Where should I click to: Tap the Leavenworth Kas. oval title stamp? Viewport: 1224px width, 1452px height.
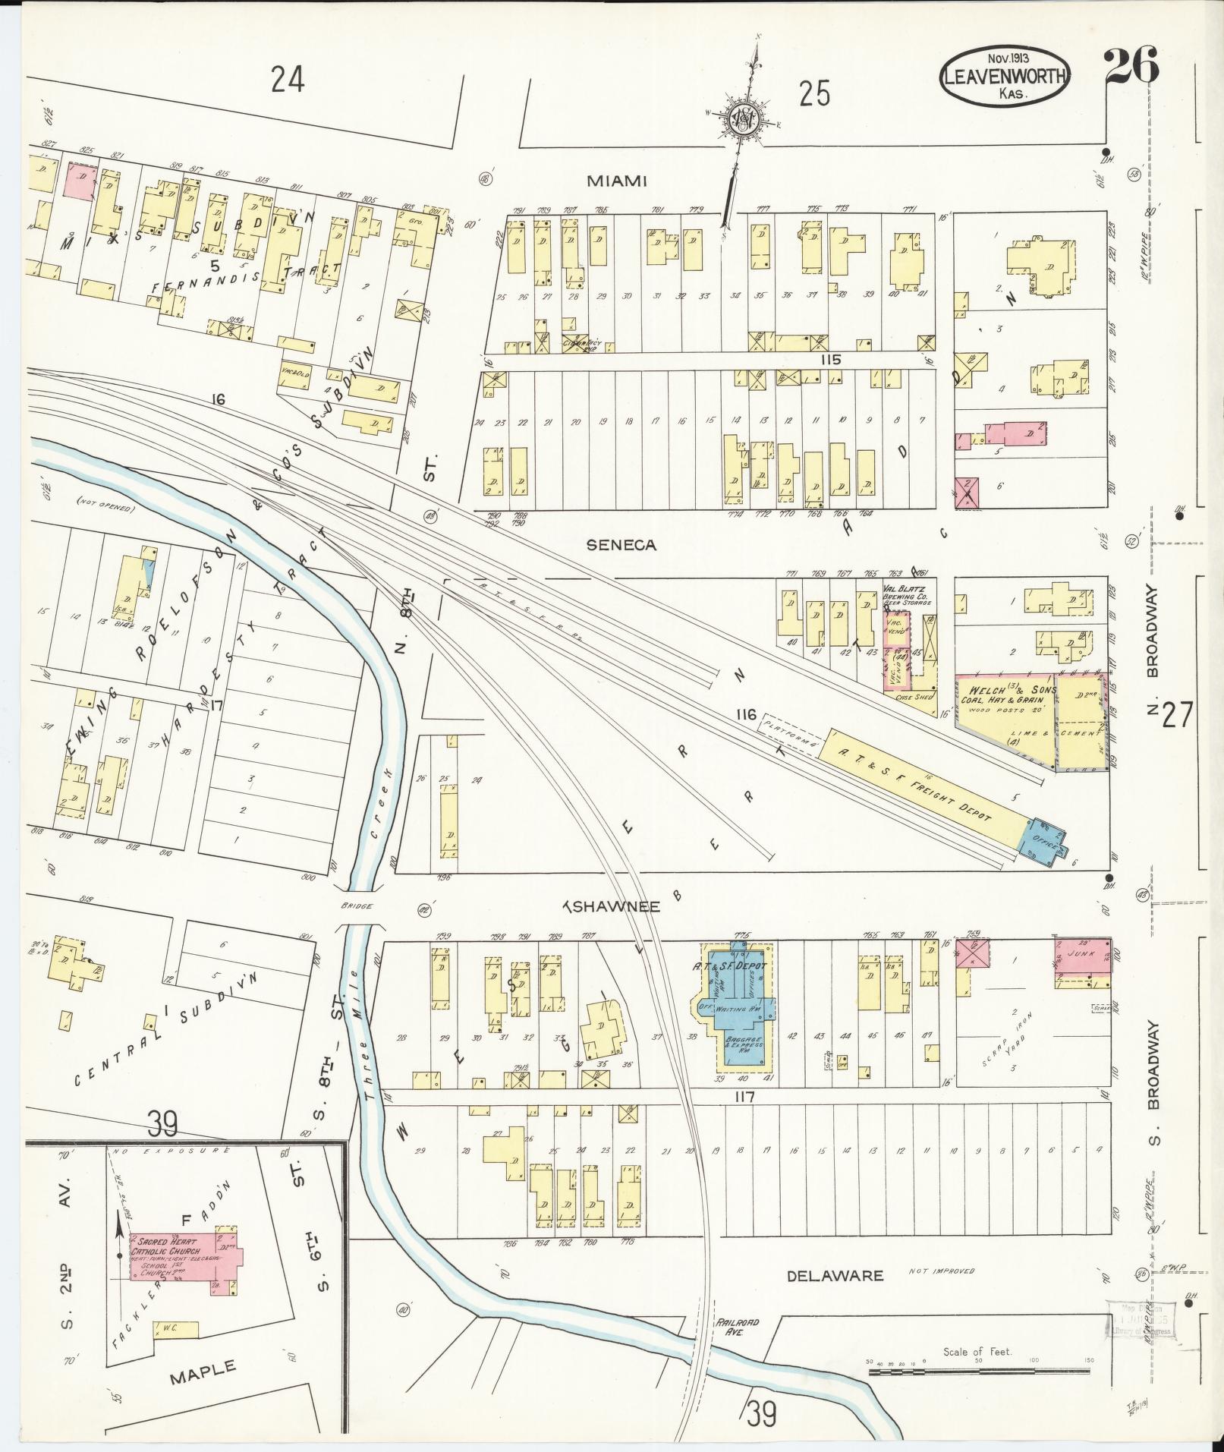[1006, 75]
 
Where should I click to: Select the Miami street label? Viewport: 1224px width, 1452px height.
[616, 181]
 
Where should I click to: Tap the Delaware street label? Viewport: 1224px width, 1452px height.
[835, 1276]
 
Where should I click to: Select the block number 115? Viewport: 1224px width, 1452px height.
[830, 360]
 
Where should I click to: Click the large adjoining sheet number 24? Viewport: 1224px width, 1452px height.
[288, 80]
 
